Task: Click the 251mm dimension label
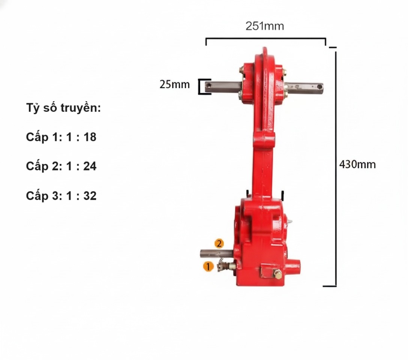coord(265,26)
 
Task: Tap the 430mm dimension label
coord(357,165)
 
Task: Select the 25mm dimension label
coord(175,84)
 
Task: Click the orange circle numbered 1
coord(208,266)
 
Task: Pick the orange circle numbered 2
coord(219,243)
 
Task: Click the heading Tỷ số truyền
coord(63,108)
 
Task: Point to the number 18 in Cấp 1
coord(90,137)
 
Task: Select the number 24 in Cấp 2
coord(90,166)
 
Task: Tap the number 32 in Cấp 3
coord(90,196)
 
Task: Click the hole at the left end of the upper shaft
coord(208,85)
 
